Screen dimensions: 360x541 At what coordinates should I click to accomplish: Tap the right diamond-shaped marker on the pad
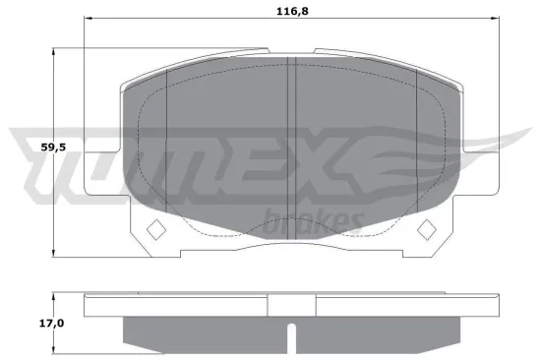click(427, 229)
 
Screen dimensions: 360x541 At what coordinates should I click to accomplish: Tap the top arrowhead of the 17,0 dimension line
click(53, 296)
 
